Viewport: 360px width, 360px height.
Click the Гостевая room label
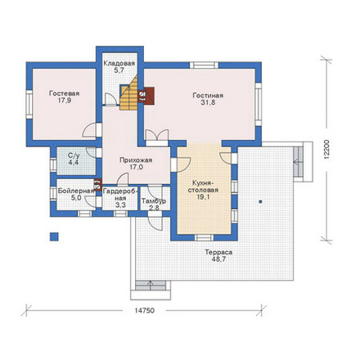[65, 93]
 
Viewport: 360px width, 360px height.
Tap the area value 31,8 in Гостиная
[208, 103]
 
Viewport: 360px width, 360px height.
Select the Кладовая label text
[119, 63]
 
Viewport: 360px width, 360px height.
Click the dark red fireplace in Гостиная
[149, 96]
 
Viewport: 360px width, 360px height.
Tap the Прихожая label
[136, 160]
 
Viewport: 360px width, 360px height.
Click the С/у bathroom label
[74, 156]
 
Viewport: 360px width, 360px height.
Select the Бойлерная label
[76, 191]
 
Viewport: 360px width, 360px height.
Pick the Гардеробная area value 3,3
[120, 205]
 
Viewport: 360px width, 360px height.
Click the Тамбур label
[154, 201]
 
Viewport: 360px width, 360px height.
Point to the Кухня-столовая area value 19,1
[203, 197]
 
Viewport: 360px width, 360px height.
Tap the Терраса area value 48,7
[218, 259]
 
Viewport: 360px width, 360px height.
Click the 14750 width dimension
[144, 311]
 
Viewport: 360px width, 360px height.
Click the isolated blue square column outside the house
[54, 236]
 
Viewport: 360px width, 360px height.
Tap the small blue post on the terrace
[261, 202]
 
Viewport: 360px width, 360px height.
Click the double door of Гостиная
[157, 136]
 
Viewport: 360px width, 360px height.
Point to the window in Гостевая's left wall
[29, 105]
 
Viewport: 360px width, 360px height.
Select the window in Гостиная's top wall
[204, 65]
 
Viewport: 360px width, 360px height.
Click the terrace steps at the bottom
[151, 285]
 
